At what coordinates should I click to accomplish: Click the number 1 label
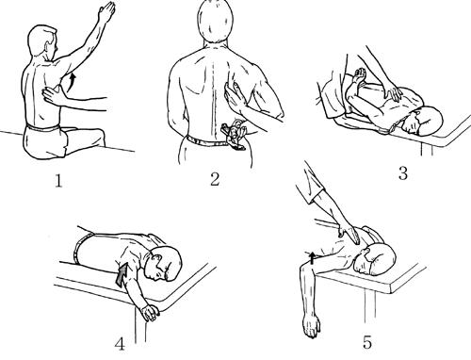(x=58, y=181)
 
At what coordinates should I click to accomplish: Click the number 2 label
(x=215, y=179)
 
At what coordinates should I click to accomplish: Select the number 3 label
(x=403, y=173)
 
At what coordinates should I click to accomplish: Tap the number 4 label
(x=120, y=344)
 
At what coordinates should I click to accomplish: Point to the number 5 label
(x=367, y=342)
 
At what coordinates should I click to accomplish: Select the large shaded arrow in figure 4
(x=122, y=274)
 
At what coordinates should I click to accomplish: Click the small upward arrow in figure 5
(x=312, y=257)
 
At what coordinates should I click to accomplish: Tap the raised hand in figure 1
(x=106, y=12)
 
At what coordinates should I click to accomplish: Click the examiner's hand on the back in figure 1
(x=54, y=96)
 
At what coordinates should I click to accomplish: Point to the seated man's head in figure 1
(x=42, y=42)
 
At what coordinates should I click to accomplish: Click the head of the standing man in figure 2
(x=216, y=21)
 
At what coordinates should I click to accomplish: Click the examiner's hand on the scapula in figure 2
(x=235, y=96)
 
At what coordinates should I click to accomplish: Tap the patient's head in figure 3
(x=422, y=121)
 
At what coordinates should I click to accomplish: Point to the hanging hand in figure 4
(x=150, y=313)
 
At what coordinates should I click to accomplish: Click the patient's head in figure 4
(x=163, y=264)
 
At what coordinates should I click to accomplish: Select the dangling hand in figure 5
(x=311, y=327)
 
